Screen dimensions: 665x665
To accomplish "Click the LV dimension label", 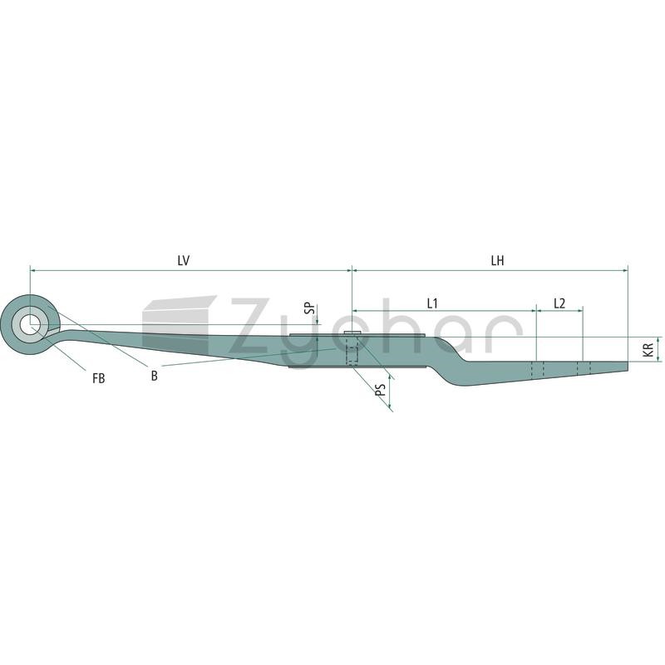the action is click(x=183, y=260).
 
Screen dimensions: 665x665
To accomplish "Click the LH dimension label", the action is click(x=497, y=260).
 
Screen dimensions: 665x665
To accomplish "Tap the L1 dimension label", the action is click(x=432, y=303).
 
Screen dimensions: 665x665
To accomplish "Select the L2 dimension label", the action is click(x=559, y=303).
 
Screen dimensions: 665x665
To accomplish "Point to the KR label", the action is click(x=648, y=349).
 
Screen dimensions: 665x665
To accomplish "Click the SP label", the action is click(x=311, y=308).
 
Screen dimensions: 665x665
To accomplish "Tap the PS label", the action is click(x=381, y=389).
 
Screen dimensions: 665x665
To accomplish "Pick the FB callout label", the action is click(x=98, y=378).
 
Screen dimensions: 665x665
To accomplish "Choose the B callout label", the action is click(x=155, y=376).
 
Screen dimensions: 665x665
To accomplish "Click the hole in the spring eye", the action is click(x=31, y=325).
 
